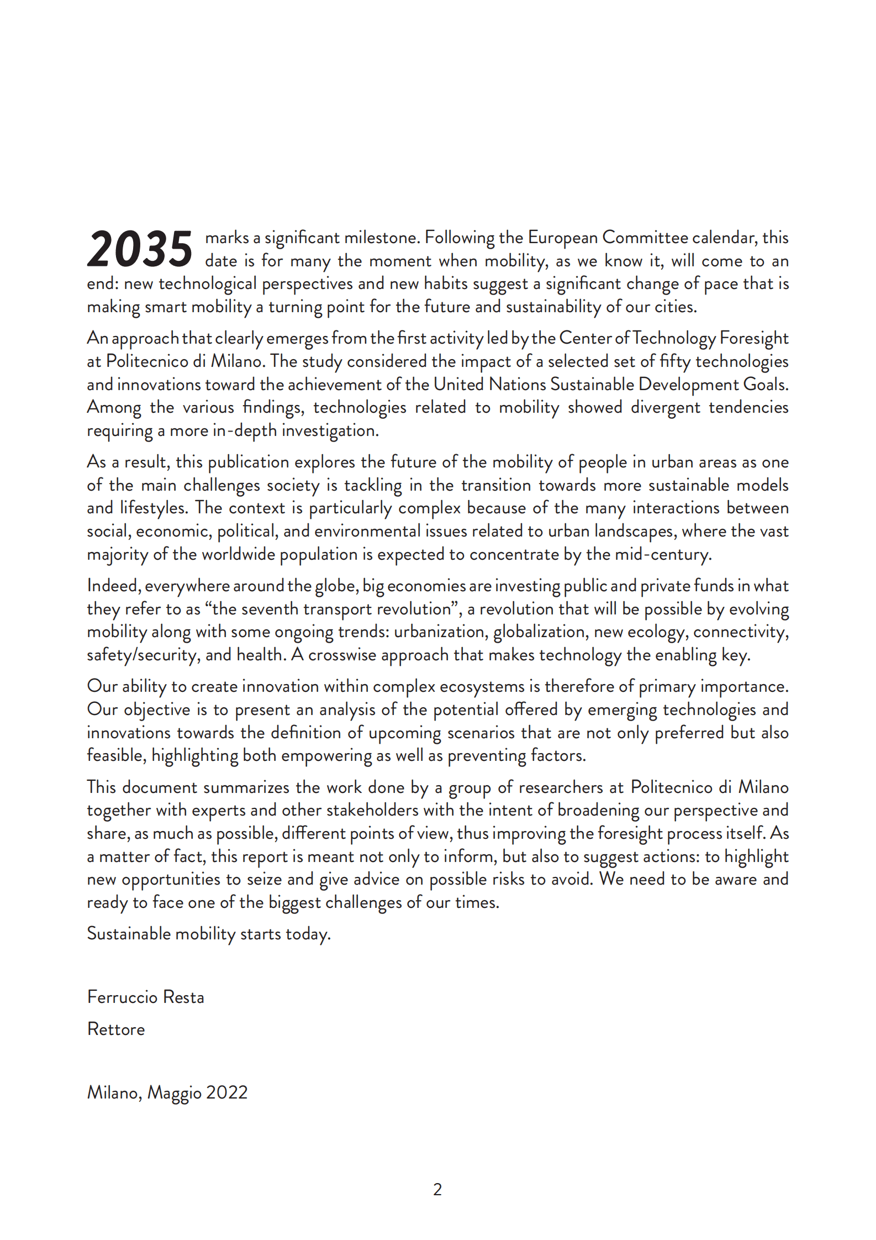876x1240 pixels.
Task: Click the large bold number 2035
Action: coord(140,249)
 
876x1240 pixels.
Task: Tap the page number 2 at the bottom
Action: coord(437,1189)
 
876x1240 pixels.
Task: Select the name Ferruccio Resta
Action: coord(146,997)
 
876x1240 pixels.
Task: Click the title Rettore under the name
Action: coord(116,1029)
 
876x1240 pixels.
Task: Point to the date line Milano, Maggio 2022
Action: coord(167,1092)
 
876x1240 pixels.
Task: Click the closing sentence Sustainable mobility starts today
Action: coord(209,933)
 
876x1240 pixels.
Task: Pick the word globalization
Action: coord(540,632)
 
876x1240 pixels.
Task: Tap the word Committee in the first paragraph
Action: coord(645,238)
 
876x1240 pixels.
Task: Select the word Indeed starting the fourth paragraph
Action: coord(113,586)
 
